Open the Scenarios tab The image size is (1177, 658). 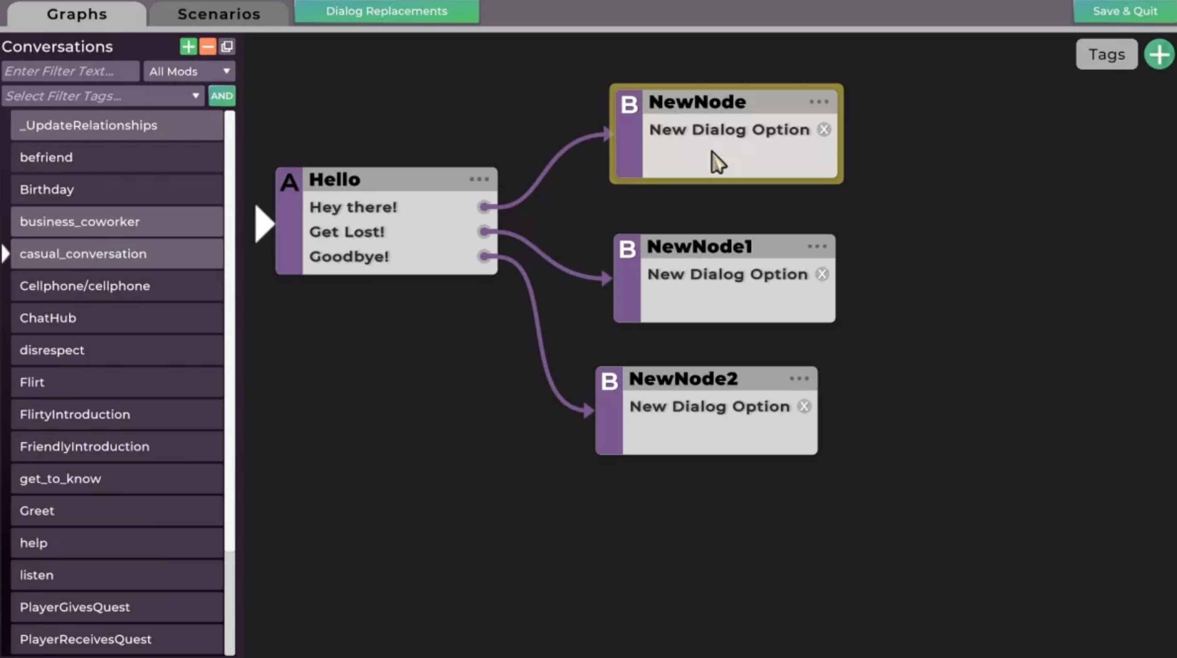[219, 14]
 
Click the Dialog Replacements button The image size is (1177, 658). [387, 11]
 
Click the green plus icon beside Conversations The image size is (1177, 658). [188, 47]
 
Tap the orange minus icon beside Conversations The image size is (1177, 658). [208, 47]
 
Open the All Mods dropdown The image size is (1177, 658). [189, 71]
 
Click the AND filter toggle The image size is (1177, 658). [221, 96]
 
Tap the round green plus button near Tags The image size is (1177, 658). [1159, 54]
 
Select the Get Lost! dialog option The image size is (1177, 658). [347, 232]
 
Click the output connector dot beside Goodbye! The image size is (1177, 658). [484, 256]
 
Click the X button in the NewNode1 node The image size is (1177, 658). [822, 274]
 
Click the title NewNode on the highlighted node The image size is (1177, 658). [697, 102]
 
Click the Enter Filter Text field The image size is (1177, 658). [70, 71]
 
